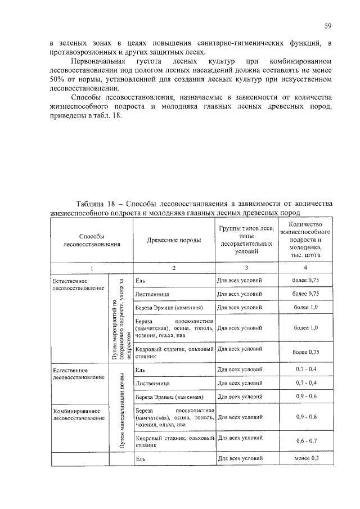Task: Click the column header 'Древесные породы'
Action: (x=174, y=240)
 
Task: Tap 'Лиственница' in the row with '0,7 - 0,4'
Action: (x=152, y=383)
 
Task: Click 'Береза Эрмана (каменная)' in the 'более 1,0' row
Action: (x=168, y=308)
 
